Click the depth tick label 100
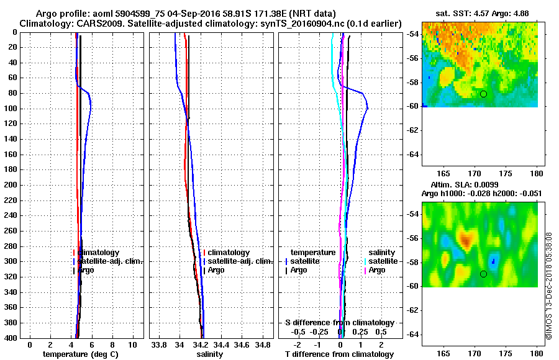10,109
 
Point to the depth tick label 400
10,338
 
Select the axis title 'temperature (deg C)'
80,354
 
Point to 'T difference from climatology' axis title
339,354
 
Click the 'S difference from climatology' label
339,323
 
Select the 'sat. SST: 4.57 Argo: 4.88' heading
480,13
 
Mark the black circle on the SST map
483,94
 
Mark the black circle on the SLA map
483,274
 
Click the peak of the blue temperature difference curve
368,108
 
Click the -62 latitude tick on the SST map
412,130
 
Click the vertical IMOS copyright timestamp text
549,285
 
